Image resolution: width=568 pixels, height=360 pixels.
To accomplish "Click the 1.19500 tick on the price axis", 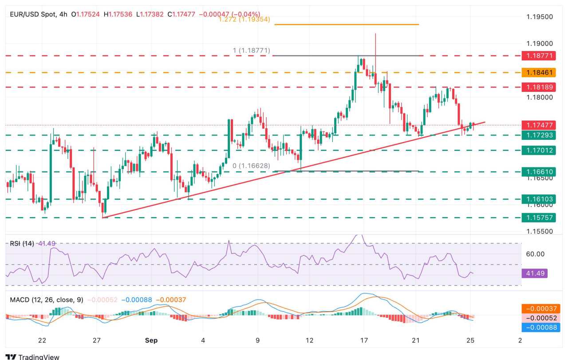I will tap(539, 17).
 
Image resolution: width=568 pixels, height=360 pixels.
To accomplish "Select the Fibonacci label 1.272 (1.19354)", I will tap(245, 20).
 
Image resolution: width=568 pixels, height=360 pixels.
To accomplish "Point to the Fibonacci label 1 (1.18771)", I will tap(251, 51).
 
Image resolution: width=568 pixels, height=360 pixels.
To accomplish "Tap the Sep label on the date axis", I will tap(151, 340).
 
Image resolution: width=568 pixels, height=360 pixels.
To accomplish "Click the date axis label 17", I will tap(364, 340).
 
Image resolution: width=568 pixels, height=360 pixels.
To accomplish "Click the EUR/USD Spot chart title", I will tap(33, 14).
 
